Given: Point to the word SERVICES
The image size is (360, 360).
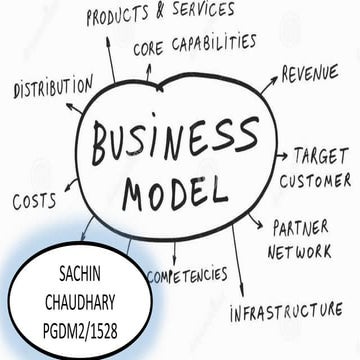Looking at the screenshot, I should [199, 10].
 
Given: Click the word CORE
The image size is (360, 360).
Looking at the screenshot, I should [149, 48].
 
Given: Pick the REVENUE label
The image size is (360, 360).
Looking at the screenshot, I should [315, 75].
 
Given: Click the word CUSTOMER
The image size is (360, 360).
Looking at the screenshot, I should [314, 181].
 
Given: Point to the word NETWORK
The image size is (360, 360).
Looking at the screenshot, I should [299, 251].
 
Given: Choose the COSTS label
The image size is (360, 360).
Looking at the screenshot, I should [34, 201].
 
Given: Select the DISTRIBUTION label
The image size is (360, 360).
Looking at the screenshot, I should [52, 88].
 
